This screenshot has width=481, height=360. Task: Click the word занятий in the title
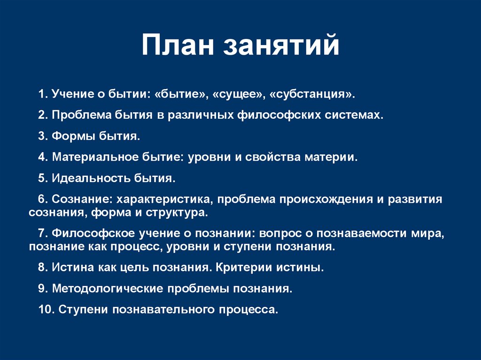coord(281,46)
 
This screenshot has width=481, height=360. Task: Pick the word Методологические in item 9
coord(106,289)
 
